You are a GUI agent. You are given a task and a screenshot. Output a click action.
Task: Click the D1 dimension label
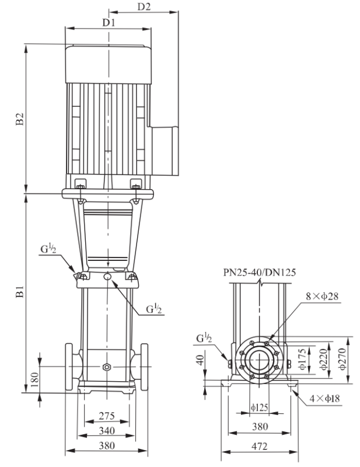[109, 22]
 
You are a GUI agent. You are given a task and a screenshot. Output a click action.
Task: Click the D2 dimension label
[144, 6]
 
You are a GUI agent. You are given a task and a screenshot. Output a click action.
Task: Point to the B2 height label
[20, 119]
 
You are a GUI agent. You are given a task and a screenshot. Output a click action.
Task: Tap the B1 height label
[20, 292]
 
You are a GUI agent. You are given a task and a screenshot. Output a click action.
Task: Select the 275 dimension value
[107, 416]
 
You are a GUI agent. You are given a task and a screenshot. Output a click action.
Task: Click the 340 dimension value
[107, 431]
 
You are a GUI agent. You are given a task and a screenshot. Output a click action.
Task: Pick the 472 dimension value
[260, 446]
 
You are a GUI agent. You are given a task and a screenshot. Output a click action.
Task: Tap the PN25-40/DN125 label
[260, 272]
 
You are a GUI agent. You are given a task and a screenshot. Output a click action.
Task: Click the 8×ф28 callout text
[322, 296]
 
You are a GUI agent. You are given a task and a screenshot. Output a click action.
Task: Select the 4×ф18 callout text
[324, 398]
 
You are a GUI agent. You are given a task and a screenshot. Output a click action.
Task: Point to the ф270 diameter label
[342, 359]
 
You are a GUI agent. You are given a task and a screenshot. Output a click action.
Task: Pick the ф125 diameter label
[260, 407]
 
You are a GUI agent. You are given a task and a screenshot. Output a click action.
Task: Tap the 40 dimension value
[200, 360]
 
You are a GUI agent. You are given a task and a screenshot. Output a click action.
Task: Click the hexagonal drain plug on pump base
[106, 367]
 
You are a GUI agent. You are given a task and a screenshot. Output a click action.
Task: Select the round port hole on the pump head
[107, 277]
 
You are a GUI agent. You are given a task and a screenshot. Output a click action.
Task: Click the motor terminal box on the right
[163, 151]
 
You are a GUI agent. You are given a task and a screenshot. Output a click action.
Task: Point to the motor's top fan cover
[109, 64]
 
